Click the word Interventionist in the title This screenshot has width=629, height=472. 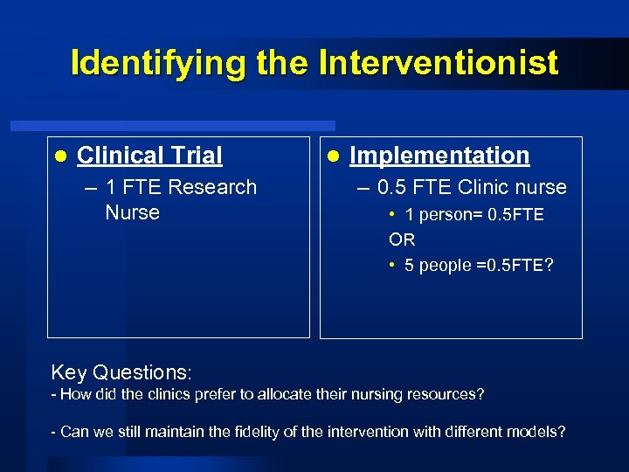[439, 63]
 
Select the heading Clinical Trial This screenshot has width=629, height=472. [149, 156]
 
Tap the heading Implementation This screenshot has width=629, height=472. [439, 156]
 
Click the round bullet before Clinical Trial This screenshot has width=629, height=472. [59, 156]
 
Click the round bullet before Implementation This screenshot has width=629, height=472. [332, 156]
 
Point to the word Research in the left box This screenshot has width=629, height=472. [212, 187]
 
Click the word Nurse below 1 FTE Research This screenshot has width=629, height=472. [132, 212]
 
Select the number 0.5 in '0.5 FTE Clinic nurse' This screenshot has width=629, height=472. [393, 187]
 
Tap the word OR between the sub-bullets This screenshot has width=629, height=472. [402, 239]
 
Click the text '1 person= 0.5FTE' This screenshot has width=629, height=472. [473, 215]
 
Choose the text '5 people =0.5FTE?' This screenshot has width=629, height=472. [479, 266]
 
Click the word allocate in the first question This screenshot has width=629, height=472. [290, 395]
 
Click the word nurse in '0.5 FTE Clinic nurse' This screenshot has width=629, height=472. [541, 187]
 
